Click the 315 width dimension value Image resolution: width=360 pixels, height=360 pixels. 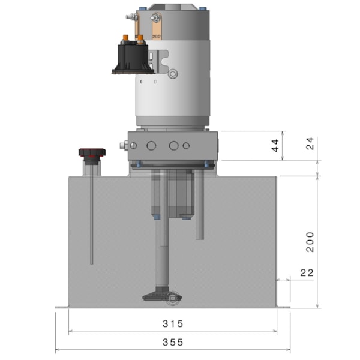(x=173, y=324)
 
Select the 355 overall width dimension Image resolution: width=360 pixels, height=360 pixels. (x=173, y=343)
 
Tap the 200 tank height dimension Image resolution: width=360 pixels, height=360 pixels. (x=310, y=241)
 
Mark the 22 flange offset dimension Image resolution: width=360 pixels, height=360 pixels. (x=307, y=273)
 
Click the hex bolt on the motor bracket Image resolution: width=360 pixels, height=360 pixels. (x=173, y=73)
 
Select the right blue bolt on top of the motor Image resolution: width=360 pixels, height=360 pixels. (x=202, y=9)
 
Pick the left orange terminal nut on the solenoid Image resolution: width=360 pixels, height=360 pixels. (x=126, y=40)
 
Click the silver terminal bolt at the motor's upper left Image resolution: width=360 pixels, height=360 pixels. (x=130, y=17)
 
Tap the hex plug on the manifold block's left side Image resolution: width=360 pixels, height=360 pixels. (x=123, y=146)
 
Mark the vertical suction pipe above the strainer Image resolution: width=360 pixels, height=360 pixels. (x=163, y=252)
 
